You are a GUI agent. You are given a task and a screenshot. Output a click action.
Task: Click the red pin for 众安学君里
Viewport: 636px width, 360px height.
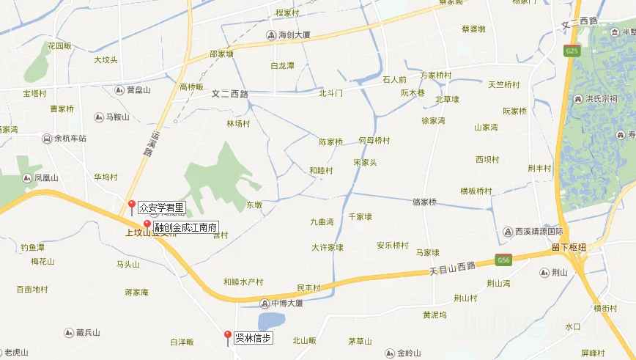point(132,205)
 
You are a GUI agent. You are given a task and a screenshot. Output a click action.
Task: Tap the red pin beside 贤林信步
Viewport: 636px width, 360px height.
point(227,337)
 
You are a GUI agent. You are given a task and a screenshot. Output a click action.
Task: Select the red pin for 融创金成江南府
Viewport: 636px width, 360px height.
point(147,225)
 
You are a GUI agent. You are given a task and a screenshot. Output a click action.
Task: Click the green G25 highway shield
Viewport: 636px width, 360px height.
point(571,51)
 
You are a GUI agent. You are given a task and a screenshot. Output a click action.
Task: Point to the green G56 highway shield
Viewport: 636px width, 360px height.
point(503,260)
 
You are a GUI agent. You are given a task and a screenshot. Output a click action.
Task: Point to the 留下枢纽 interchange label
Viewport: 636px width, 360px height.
point(569,247)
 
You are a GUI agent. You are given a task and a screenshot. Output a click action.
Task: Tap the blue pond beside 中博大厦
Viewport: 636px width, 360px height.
point(272,321)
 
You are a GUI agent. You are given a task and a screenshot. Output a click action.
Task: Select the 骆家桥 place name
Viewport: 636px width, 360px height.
point(425,202)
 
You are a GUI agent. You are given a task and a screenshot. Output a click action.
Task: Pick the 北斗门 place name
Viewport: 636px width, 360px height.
point(330,93)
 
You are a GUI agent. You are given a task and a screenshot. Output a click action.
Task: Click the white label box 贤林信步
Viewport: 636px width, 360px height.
point(254,338)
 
